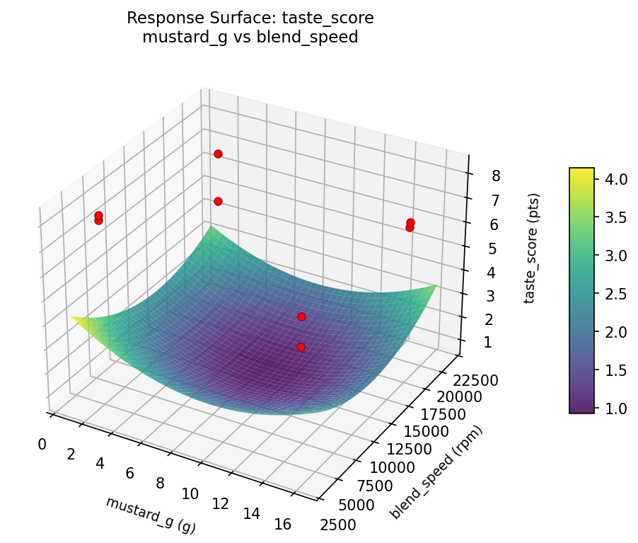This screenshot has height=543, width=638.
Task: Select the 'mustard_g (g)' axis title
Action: [x=151, y=514]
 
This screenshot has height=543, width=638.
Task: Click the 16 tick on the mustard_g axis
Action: [x=282, y=525]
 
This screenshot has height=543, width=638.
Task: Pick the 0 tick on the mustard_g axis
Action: [x=42, y=444]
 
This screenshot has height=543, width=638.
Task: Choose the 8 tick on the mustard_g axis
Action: [x=160, y=484]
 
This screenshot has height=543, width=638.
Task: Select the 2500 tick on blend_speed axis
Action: [x=338, y=525]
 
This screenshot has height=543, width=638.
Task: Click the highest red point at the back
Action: [x=218, y=154]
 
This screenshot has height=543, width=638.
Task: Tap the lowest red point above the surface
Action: [x=301, y=347]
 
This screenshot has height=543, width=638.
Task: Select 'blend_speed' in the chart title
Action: [x=316, y=37]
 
